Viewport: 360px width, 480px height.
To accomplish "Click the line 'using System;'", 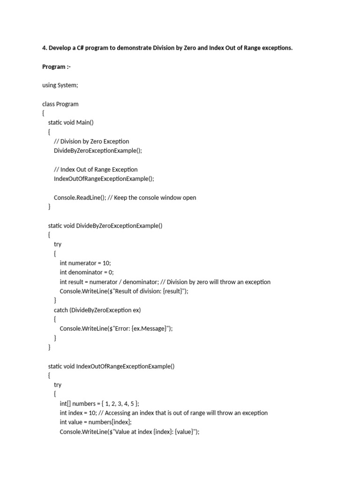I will (x=60, y=85).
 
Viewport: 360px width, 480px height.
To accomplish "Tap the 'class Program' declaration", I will (x=60, y=104).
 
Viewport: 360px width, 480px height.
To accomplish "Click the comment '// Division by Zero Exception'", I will (x=91, y=141).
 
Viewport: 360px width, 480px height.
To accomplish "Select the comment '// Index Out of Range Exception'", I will (x=96, y=169).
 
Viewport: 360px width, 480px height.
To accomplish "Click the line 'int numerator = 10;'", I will (x=85, y=263).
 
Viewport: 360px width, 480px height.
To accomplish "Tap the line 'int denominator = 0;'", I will (x=87, y=272).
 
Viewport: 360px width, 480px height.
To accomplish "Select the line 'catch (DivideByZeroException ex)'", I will (x=97, y=310).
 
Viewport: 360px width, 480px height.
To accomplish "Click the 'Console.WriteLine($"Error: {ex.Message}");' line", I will (x=116, y=329).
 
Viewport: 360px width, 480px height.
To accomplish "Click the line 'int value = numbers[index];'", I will (x=96, y=422).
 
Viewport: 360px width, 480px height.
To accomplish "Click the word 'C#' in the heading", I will (x=81, y=48).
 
